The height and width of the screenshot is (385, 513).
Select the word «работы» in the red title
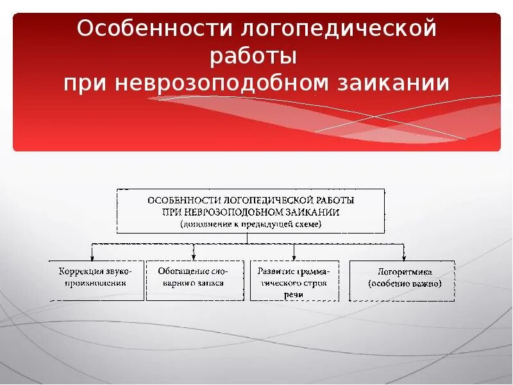point(254,56)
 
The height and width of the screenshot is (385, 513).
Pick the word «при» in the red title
point(83,83)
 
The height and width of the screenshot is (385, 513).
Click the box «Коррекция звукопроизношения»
point(97,280)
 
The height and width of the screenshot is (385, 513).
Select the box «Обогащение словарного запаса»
point(195,280)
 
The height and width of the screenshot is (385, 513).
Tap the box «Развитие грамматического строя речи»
point(294,281)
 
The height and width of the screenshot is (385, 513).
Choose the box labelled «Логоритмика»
point(402,280)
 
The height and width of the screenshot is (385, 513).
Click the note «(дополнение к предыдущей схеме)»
point(251,224)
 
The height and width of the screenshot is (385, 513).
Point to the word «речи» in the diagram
point(294,293)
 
